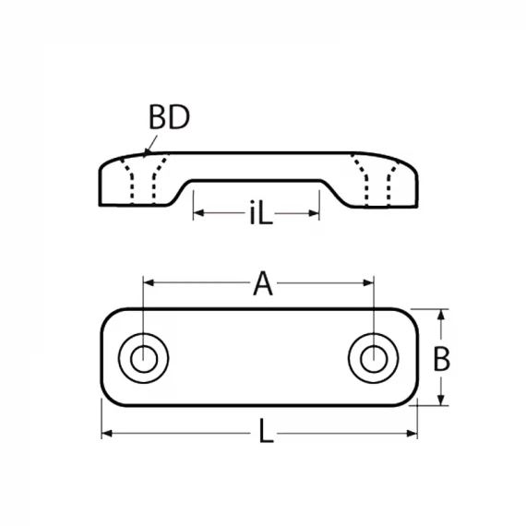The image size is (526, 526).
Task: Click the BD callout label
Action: click(x=169, y=117)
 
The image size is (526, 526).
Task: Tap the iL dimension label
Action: click(x=261, y=212)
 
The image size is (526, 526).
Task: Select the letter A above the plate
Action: click(x=263, y=283)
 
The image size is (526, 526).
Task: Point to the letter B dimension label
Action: click(x=441, y=359)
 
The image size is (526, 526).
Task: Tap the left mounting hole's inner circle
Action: click(x=144, y=359)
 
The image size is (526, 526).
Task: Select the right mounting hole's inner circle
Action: click(x=374, y=359)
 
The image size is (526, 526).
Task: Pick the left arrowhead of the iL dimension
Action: click(x=198, y=213)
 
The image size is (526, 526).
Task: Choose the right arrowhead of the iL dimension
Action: click(x=314, y=213)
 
